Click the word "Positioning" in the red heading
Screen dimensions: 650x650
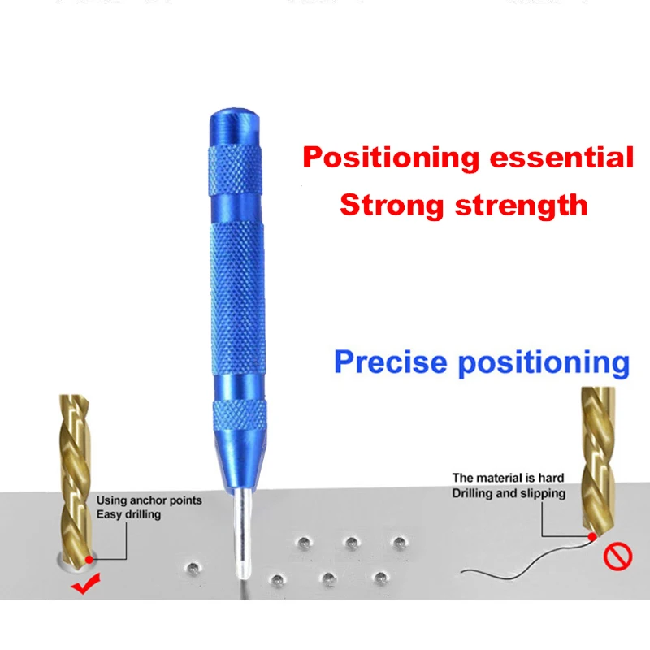pos(391,158)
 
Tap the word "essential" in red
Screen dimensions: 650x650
pos(561,157)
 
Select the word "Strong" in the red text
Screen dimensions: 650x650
pos(392,206)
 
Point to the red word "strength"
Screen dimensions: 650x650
pos(522,206)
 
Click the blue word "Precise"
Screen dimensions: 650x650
pos(391,362)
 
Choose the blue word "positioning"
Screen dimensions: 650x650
pos(544,363)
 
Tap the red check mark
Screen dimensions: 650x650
pos(86,583)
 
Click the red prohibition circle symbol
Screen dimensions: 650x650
pos(617,557)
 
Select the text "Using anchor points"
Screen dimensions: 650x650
pos(149,500)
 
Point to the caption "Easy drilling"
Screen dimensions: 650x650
pos(128,514)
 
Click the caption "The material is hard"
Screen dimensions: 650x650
pos(508,478)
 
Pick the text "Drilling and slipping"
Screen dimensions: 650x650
pos(509,493)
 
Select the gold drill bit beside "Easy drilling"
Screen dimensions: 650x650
pos(76,477)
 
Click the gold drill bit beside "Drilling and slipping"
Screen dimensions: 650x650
pos(597,460)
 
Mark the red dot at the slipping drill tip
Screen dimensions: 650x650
pos(592,537)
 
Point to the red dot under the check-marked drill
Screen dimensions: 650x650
pos(89,560)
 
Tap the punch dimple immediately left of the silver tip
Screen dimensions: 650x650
pos(193,568)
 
